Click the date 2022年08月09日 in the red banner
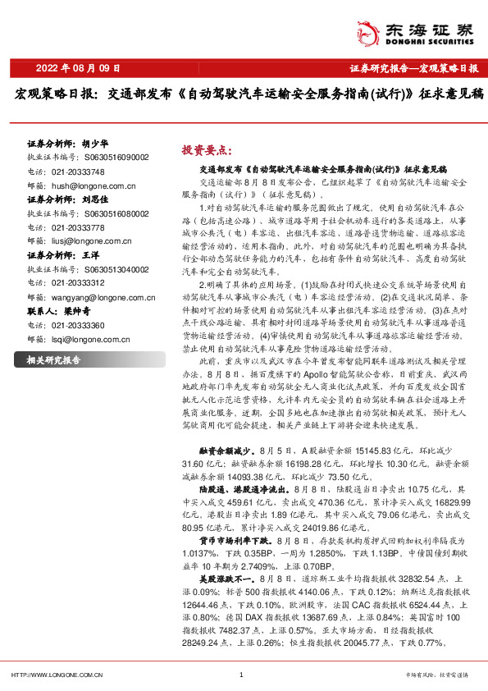click(x=79, y=67)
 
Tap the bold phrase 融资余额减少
click(x=226, y=451)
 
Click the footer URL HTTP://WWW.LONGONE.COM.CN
click(x=56, y=675)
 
